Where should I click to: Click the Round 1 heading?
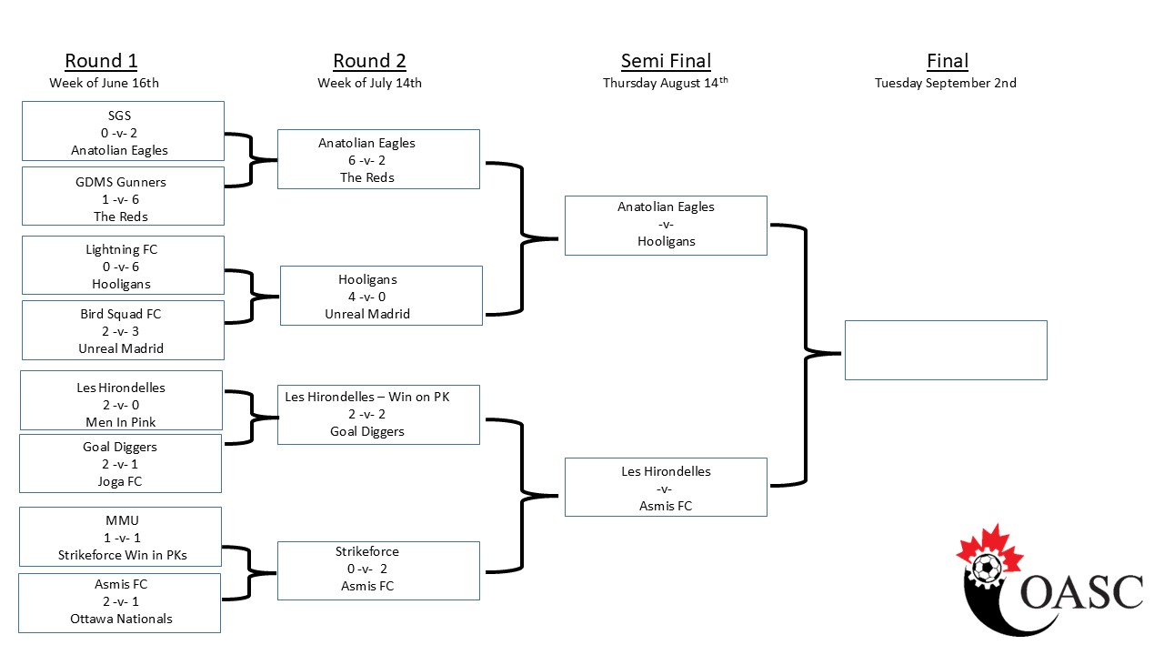click(x=101, y=61)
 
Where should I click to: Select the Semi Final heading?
click(x=666, y=61)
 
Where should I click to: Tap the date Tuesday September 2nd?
click(x=945, y=83)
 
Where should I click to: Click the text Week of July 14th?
click(x=369, y=83)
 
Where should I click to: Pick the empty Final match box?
click(x=946, y=350)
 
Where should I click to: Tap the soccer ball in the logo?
click(x=986, y=569)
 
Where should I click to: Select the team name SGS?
click(x=119, y=116)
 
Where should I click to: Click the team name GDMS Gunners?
click(x=121, y=182)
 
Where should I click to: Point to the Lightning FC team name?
click(x=122, y=249)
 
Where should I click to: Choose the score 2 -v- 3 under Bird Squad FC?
click(x=121, y=331)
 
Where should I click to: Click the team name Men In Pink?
click(x=121, y=422)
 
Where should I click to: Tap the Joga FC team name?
click(x=120, y=481)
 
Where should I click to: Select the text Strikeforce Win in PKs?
click(x=123, y=555)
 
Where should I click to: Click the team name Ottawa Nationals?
click(x=121, y=619)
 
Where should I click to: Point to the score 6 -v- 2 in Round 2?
click(x=366, y=160)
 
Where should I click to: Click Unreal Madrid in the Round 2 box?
click(x=367, y=314)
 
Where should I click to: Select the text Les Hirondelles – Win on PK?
click(x=367, y=397)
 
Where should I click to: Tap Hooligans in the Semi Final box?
click(x=667, y=241)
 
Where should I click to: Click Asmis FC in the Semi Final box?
click(x=666, y=506)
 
